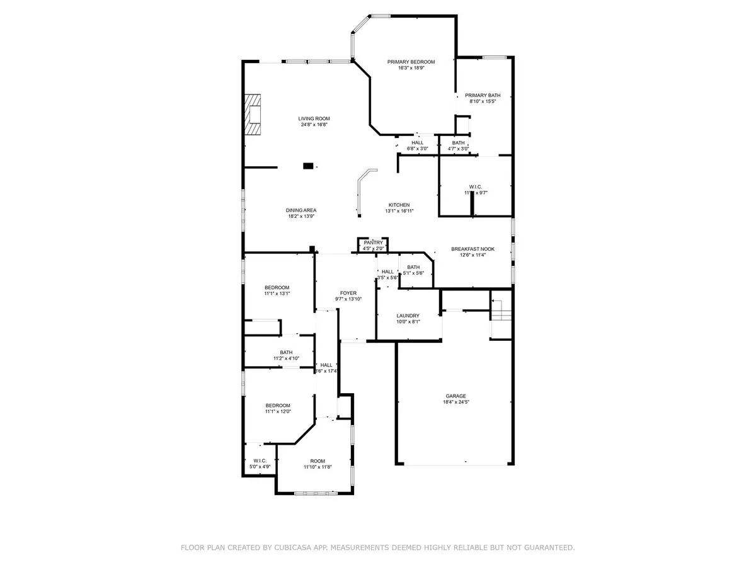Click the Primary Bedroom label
(411, 62)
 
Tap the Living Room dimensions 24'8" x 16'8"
(314, 125)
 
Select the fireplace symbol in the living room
(253, 114)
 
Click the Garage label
(454, 396)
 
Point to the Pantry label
(373, 243)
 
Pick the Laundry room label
(408, 316)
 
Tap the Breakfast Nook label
(472, 249)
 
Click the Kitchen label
(399, 205)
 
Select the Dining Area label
(301, 210)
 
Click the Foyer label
(348, 293)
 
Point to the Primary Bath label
(483, 95)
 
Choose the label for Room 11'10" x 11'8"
(313, 461)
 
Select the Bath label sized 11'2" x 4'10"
(286, 352)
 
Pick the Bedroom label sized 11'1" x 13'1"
(277, 287)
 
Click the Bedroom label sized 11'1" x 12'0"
(277, 405)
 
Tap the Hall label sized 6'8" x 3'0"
(417, 142)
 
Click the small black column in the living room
(308, 166)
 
